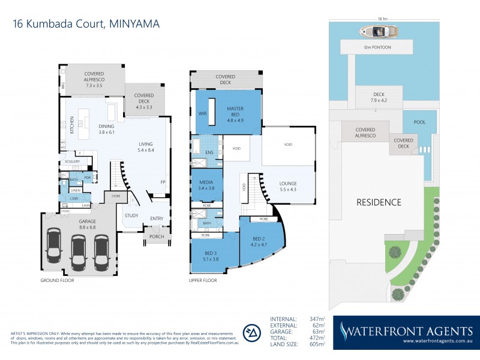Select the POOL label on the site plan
coord(419,122)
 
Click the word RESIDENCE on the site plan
coord(379,202)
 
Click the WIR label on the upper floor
coord(202,112)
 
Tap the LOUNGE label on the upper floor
coord(289,186)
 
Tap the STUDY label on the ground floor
coord(131,215)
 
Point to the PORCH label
coord(157,236)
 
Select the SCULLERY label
coord(73,161)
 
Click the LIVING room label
coord(146,148)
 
